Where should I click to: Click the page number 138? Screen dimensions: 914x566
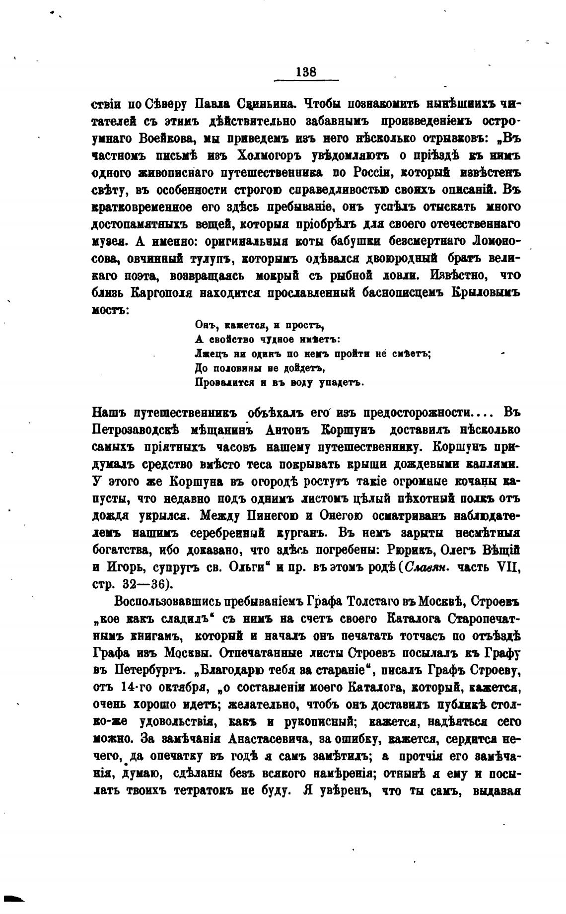pos(305,71)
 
